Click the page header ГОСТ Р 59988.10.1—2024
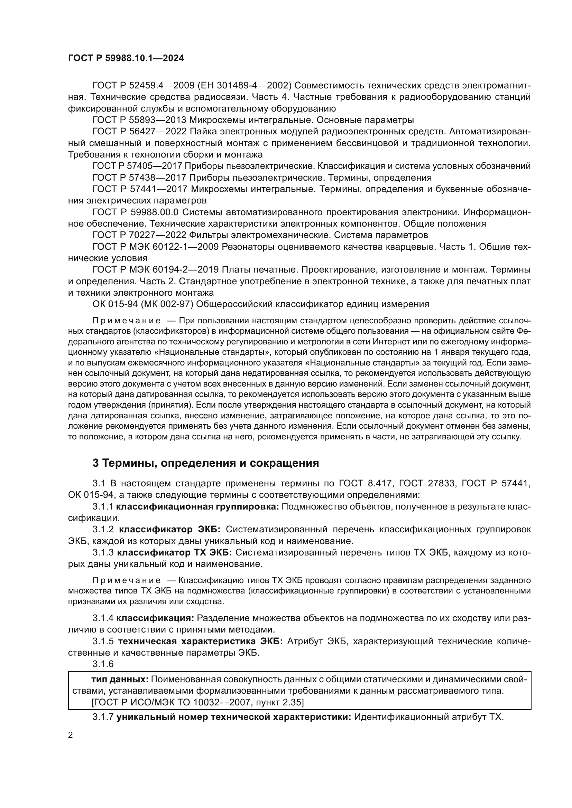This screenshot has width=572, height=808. pos(126,58)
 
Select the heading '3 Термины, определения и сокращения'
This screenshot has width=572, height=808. pos(206,463)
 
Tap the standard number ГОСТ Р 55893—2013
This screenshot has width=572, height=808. pos(139,120)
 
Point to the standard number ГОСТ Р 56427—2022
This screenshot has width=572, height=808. pos(139,132)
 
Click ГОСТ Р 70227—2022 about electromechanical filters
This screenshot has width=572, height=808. pos(139,235)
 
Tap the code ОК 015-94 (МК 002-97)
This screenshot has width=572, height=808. pos(142,304)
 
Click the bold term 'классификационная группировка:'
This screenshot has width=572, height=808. pos(197,506)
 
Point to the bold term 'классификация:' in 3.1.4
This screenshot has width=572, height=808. pos(155,618)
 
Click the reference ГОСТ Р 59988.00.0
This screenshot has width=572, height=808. pos(136,212)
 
